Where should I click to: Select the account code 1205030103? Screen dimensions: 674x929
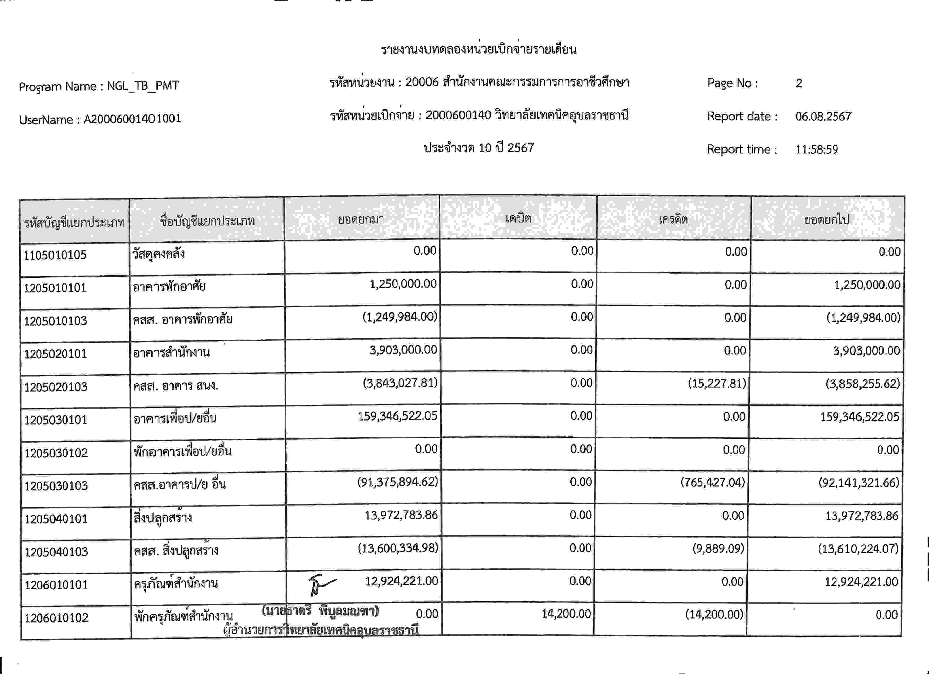tap(56, 486)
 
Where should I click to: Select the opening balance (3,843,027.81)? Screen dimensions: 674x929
tap(400, 383)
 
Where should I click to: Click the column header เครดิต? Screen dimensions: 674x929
tap(673, 219)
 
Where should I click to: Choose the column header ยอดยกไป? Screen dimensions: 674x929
tap(827, 220)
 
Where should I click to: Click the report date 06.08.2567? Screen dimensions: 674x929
tap(823, 117)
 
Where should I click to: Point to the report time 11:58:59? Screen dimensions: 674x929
tap(816, 149)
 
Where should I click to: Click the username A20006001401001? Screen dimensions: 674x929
tap(132, 119)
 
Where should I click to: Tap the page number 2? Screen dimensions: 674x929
tap(799, 83)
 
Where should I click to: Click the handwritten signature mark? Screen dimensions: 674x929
tap(321, 584)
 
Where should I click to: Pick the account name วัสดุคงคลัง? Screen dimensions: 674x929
tap(159, 254)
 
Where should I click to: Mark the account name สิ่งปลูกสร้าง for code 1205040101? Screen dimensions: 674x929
tap(163, 518)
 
